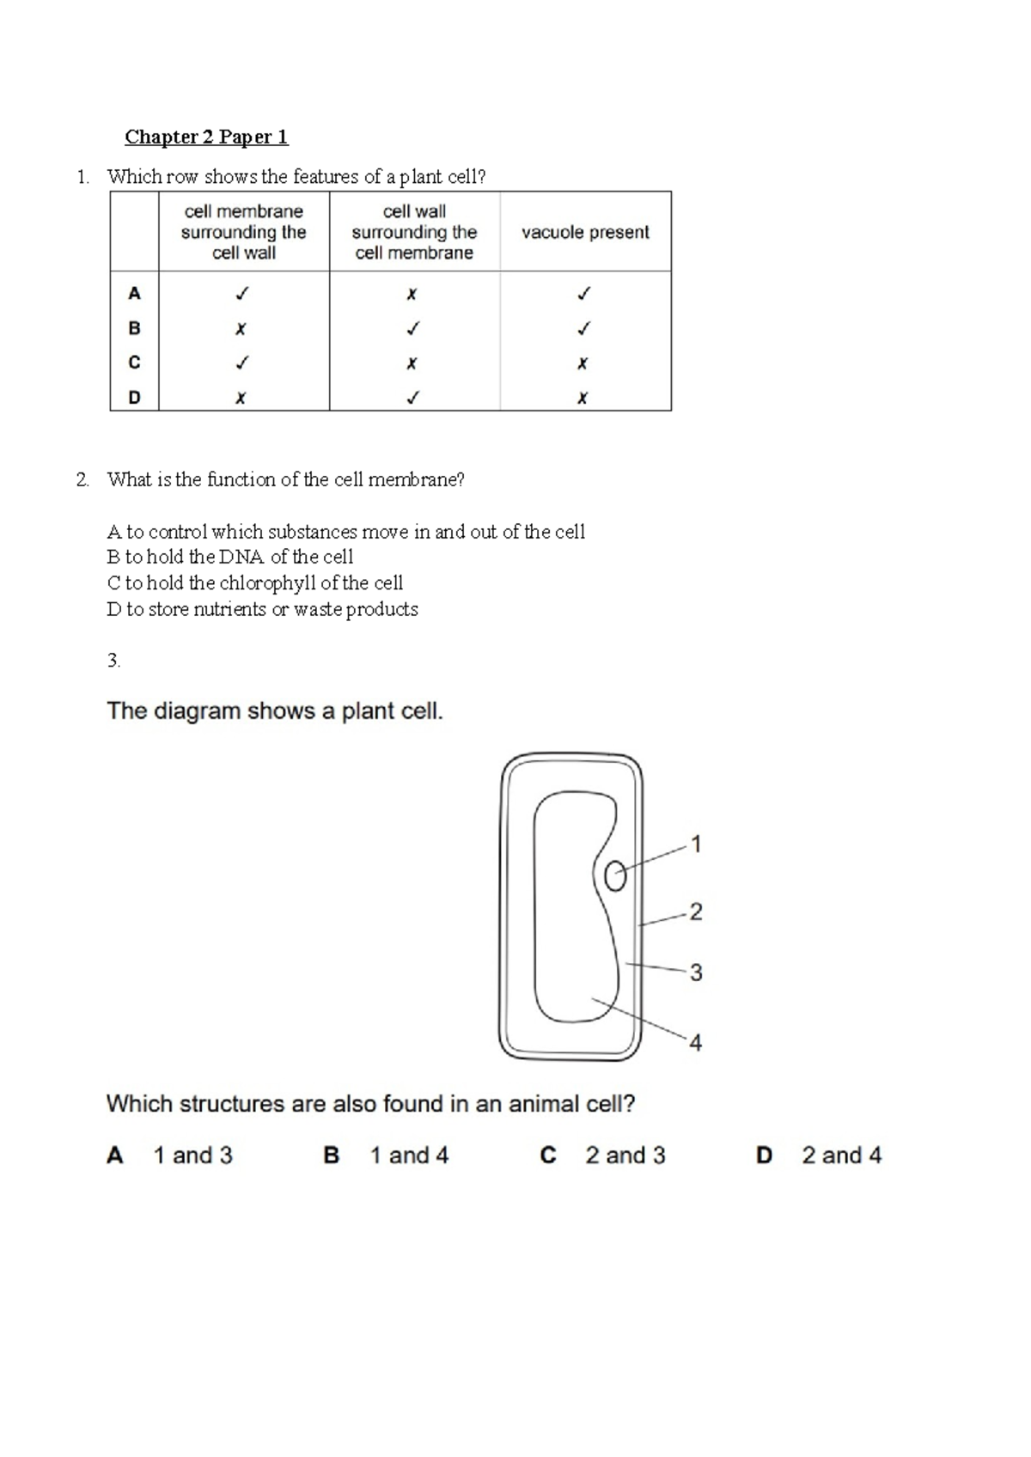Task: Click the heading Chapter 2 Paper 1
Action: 206,137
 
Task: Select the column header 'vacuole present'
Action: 585,232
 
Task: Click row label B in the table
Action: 134,328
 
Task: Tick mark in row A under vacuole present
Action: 584,294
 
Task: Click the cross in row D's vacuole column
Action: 583,399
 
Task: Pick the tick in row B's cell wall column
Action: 413,328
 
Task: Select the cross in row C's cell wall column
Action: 412,363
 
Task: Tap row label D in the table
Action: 134,398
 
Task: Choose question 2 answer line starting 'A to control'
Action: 345,532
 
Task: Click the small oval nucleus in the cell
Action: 615,876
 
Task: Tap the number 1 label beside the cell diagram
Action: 696,844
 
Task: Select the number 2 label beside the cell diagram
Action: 696,911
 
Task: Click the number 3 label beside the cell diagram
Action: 696,972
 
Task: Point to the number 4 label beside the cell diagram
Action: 696,1043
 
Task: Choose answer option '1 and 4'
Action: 409,1155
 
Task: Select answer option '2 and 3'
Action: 625,1155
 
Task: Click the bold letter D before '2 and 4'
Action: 764,1155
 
